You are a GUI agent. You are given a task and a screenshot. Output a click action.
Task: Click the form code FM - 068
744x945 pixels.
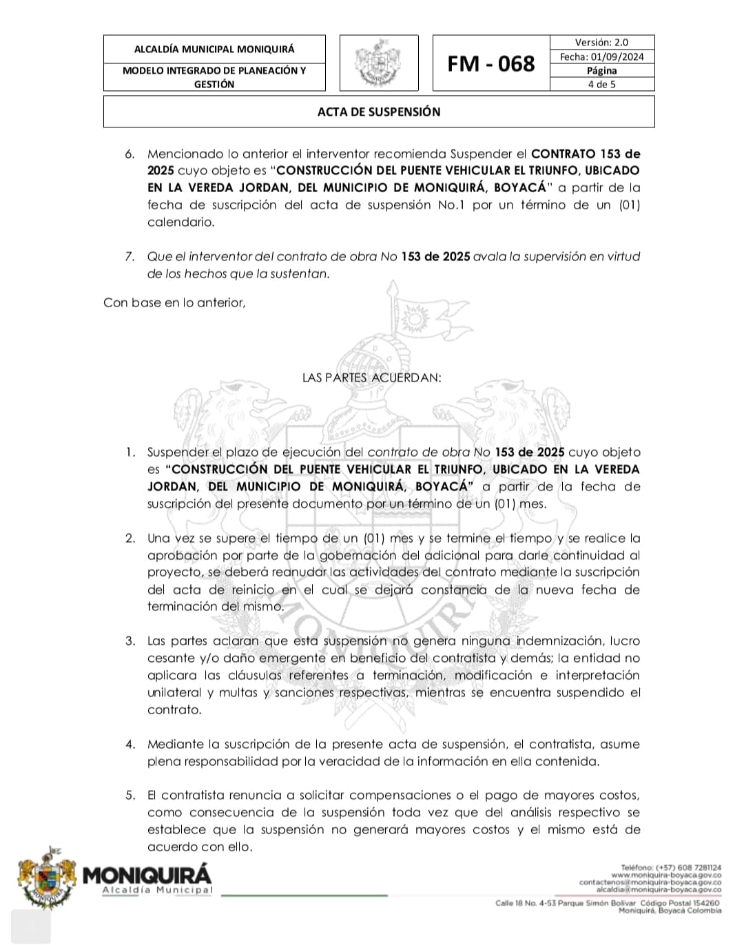(490, 64)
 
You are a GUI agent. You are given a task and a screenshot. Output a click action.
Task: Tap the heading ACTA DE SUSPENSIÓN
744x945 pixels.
(379, 112)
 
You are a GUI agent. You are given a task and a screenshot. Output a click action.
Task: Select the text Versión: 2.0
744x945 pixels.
(601, 43)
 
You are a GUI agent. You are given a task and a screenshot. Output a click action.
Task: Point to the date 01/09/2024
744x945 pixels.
(617, 57)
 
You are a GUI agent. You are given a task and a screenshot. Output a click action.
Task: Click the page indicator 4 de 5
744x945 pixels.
(601, 85)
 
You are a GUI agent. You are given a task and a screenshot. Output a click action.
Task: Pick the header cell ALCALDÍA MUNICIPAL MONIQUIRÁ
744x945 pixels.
(214, 50)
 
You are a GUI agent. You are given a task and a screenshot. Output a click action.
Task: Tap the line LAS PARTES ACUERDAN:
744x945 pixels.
(372, 377)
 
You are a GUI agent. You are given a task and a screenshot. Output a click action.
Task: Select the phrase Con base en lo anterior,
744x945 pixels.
(174, 302)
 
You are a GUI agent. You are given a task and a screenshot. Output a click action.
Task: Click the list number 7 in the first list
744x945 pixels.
(130, 257)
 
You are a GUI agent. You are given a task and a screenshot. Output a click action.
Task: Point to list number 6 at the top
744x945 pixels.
(130, 154)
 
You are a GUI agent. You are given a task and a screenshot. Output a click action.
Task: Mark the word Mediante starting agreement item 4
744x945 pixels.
(175, 745)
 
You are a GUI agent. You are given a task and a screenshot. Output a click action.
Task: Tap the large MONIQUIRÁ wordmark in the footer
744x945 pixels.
(147, 875)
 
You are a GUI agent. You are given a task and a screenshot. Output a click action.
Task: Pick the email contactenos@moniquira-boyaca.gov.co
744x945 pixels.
(650, 882)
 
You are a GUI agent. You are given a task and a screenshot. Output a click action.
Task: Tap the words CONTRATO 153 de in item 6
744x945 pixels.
(586, 154)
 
